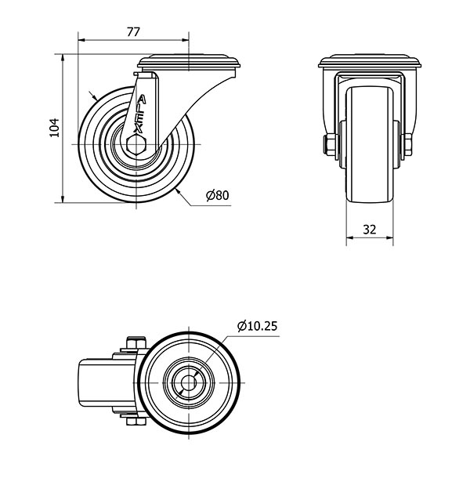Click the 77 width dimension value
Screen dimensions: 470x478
[x=133, y=32]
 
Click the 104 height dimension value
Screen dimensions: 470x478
[x=55, y=128]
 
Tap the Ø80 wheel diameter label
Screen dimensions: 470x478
[x=217, y=195]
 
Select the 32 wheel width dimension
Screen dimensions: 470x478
[x=370, y=230]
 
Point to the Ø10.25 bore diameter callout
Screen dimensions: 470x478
[x=258, y=326]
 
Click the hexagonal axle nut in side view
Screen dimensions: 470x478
[x=136, y=144]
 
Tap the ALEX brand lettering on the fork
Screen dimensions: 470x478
[x=140, y=114]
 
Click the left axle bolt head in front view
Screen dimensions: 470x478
[x=329, y=145]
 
